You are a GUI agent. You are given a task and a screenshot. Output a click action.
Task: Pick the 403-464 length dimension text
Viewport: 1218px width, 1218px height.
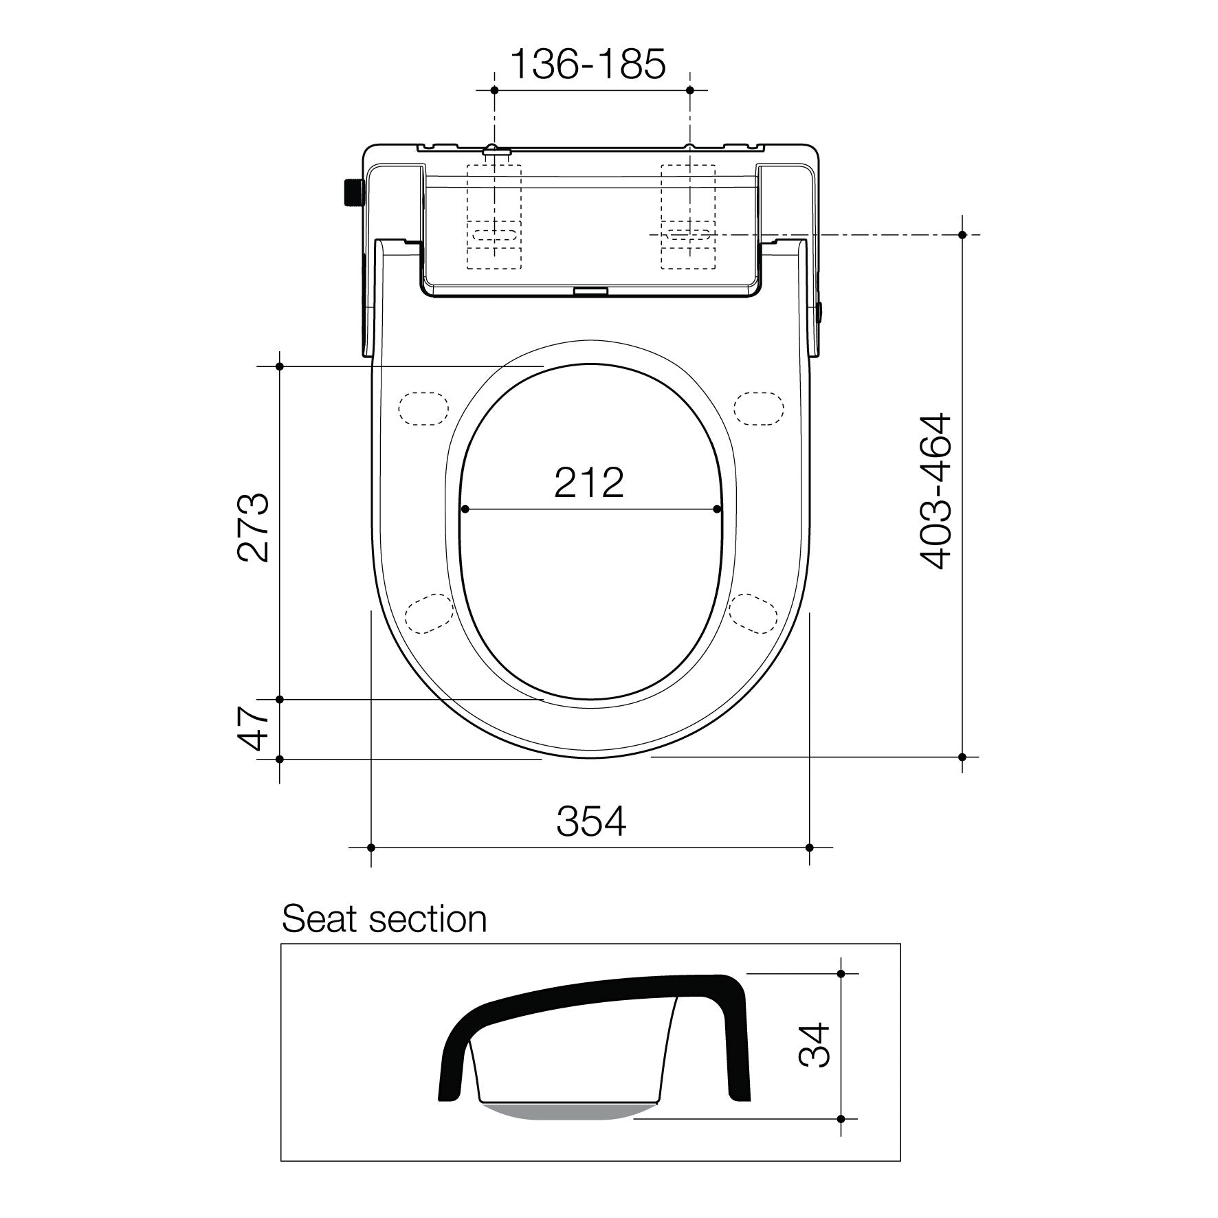pos(936,491)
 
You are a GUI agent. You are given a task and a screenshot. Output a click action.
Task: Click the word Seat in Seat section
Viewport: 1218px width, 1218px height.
pos(318,919)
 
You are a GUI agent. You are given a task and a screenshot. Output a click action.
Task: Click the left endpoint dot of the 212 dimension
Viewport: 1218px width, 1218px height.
pos(465,509)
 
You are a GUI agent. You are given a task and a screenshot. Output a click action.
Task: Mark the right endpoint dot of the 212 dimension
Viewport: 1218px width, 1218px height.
pos(718,509)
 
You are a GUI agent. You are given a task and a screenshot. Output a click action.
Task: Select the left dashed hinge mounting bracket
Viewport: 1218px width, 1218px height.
pos(494,216)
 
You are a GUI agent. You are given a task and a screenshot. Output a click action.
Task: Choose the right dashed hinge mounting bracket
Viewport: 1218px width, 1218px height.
pos(688,216)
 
